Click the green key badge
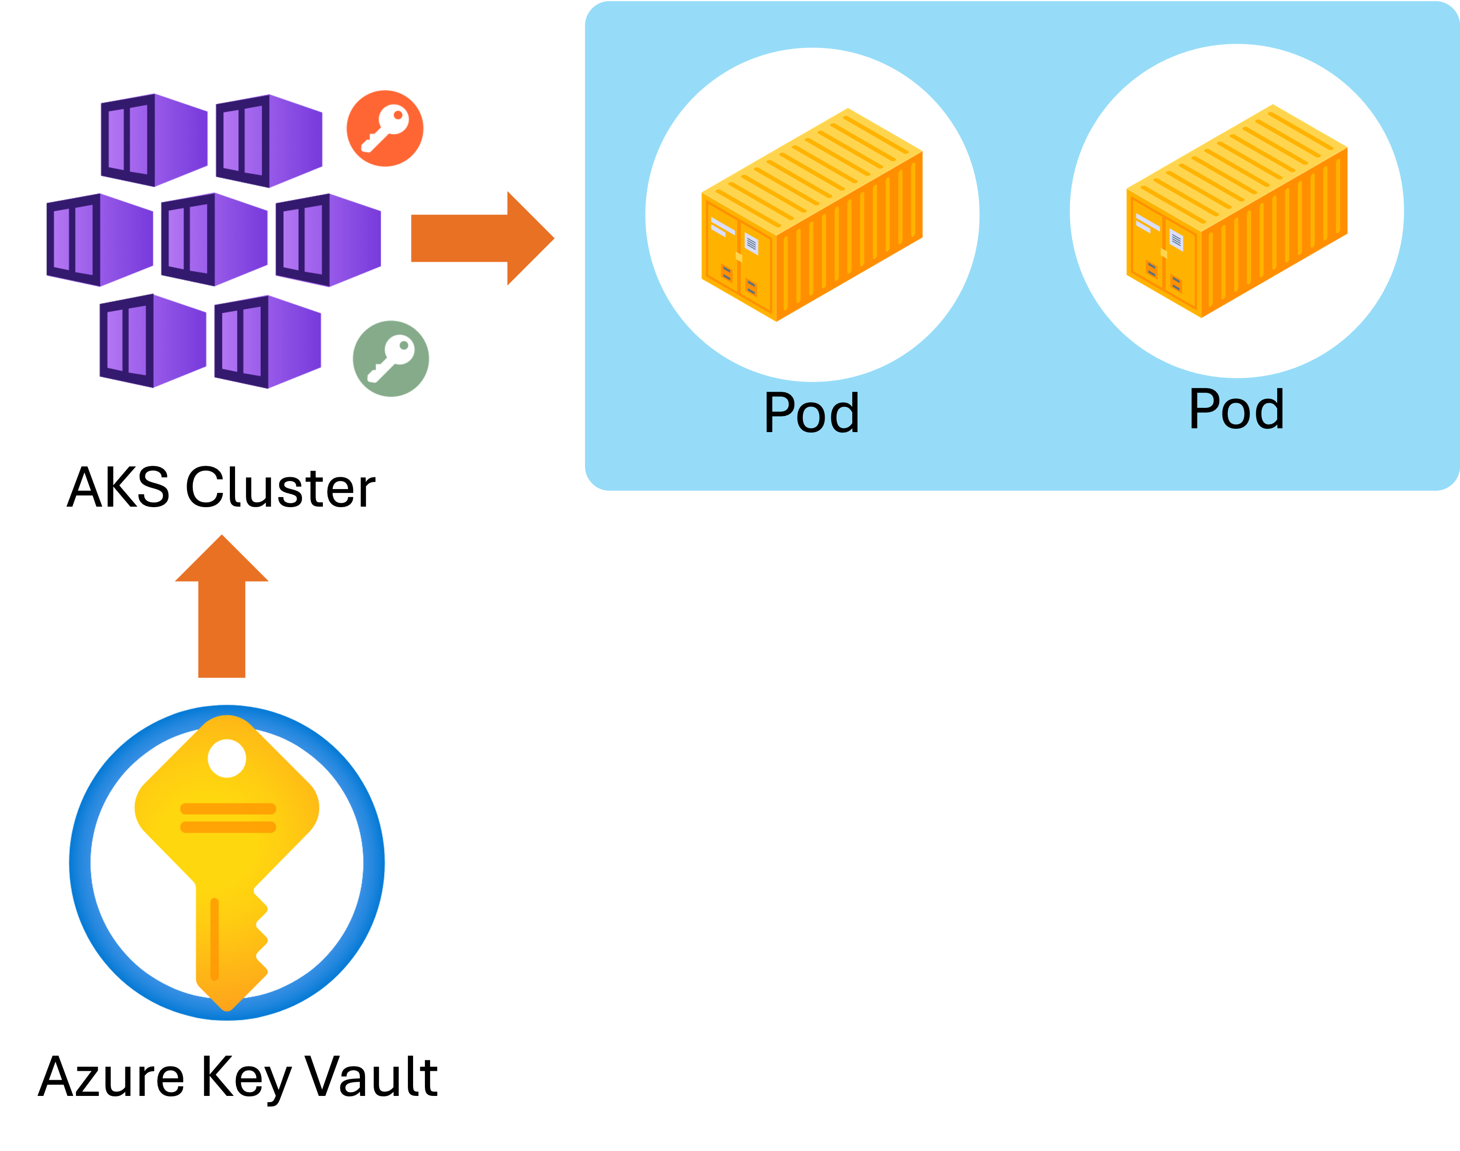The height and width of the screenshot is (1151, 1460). point(391,359)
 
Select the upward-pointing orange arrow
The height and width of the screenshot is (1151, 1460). point(222,606)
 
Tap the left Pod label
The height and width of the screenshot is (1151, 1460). point(812,413)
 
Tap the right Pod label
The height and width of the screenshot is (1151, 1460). point(1236,408)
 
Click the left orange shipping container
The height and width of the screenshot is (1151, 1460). point(812,214)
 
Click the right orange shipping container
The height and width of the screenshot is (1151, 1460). point(1237,211)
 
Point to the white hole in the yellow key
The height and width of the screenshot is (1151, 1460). point(227,758)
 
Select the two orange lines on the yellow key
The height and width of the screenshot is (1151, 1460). point(228,817)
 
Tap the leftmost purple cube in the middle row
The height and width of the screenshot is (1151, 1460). point(100,240)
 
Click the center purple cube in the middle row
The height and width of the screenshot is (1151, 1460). point(214,240)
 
